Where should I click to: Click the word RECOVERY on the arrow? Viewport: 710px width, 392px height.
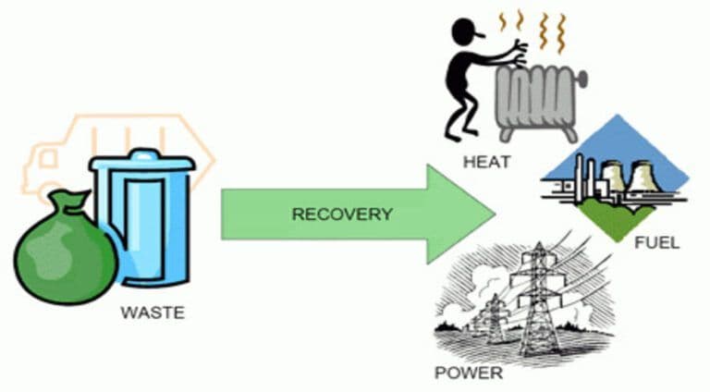click(x=342, y=214)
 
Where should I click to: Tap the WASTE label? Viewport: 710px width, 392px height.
click(x=153, y=313)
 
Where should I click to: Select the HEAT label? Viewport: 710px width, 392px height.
click(x=488, y=164)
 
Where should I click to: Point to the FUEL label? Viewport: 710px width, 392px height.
click(x=657, y=243)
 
